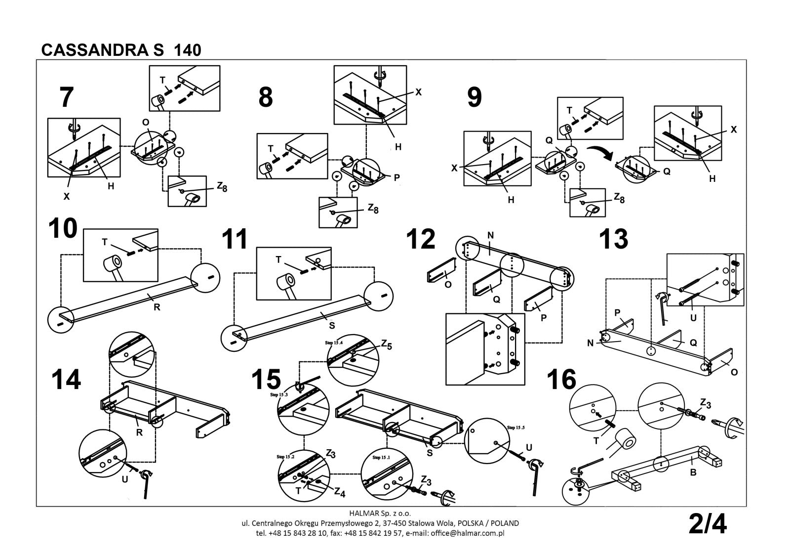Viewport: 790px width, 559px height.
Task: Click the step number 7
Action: point(66,97)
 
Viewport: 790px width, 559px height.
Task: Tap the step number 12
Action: point(421,239)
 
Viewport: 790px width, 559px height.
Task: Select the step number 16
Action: point(561,380)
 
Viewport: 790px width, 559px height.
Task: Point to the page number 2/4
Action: point(708,524)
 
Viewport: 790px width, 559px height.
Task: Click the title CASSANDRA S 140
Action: point(121,50)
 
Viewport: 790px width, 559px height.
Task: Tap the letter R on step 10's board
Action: point(157,306)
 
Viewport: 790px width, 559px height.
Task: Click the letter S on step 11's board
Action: point(332,325)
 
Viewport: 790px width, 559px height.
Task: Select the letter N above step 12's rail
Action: point(490,236)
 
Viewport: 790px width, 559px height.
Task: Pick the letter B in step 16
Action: point(693,473)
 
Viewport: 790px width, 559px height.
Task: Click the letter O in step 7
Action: point(145,123)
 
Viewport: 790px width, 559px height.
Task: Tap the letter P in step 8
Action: point(396,178)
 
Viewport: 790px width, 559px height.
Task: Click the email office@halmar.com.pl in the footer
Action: point(467,533)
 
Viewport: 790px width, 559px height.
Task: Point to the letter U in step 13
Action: point(693,318)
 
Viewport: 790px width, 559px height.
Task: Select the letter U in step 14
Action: point(125,479)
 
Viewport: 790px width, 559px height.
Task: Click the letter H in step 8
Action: point(398,147)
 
